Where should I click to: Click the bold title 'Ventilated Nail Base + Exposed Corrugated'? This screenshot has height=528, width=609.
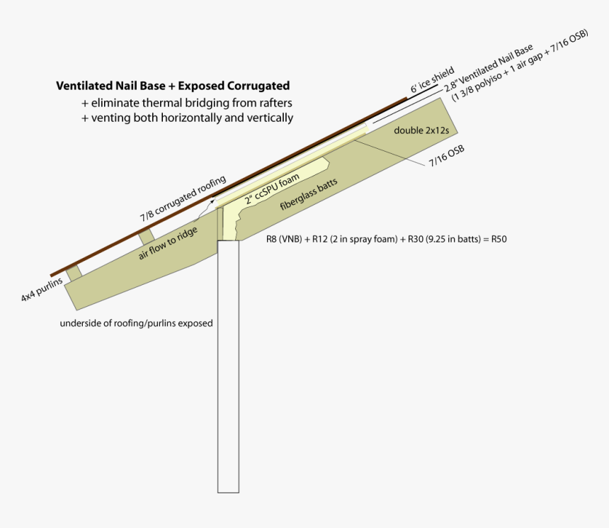coord(173,86)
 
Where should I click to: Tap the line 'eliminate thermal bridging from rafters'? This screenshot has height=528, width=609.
coord(191,103)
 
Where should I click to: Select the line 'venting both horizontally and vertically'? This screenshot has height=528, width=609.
coord(192,118)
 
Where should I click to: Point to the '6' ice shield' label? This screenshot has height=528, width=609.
coord(432,80)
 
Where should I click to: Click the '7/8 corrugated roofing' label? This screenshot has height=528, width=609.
coord(183,198)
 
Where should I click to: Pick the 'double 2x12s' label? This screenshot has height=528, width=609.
coord(421,130)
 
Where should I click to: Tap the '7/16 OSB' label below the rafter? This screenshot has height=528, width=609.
coord(447,157)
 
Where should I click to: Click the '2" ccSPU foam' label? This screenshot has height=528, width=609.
coord(272,189)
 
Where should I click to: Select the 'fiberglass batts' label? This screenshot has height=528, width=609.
coord(309,193)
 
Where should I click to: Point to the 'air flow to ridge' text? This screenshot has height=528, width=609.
coord(168,243)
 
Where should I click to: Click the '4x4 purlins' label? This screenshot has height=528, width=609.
coord(42,290)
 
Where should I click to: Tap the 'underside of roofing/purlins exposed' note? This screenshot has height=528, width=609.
coord(137,323)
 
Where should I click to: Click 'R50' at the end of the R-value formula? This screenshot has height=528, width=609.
coord(499,239)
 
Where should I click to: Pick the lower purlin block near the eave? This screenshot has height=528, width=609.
coord(74,272)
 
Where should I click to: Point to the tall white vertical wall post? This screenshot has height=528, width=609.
coord(228,366)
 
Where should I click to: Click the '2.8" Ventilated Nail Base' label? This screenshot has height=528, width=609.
coord(489,68)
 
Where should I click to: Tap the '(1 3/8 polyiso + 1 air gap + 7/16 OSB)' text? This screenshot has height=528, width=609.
coord(520,65)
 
